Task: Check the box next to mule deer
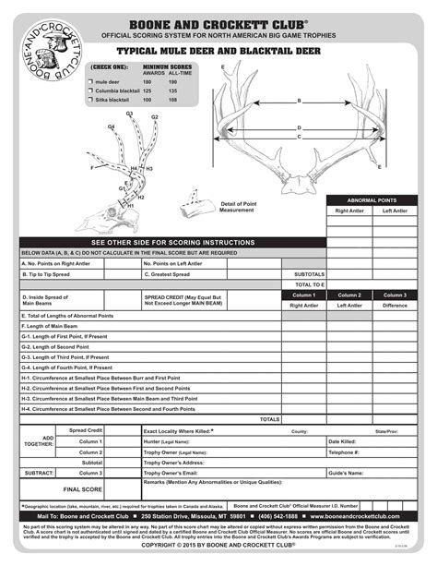[x=89, y=82]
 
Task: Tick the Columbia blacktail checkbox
[x=89, y=90]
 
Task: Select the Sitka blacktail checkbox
[x=89, y=100]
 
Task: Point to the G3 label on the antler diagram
[x=129, y=114]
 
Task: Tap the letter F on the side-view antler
[x=90, y=168]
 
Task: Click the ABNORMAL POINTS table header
[x=372, y=199]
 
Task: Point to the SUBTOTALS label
[x=309, y=274]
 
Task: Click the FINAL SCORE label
[x=81, y=489]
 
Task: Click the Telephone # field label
[x=343, y=452]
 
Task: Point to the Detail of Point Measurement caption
[x=237, y=207]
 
